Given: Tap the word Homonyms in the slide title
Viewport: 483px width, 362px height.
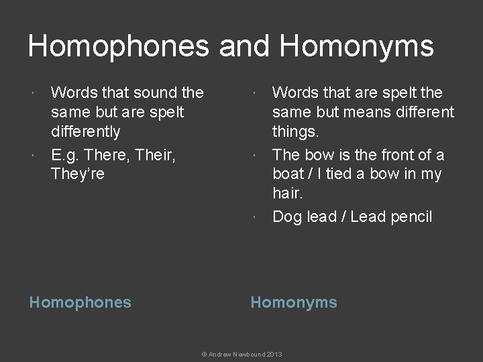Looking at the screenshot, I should coord(356,46).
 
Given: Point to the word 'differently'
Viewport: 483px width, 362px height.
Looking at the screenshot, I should coord(86,131).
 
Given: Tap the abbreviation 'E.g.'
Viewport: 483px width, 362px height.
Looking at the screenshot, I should coord(66,155).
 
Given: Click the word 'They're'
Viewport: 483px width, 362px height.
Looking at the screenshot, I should coord(78,174).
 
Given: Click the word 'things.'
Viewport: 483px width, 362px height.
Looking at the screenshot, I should coord(297,131).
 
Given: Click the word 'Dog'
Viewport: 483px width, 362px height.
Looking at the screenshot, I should coord(286,217).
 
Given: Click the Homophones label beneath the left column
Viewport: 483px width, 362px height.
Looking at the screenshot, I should coord(80,302).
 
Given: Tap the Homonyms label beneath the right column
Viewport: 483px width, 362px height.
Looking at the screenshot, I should coord(294,302).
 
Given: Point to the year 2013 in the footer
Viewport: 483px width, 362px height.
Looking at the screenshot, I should coord(274,353).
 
